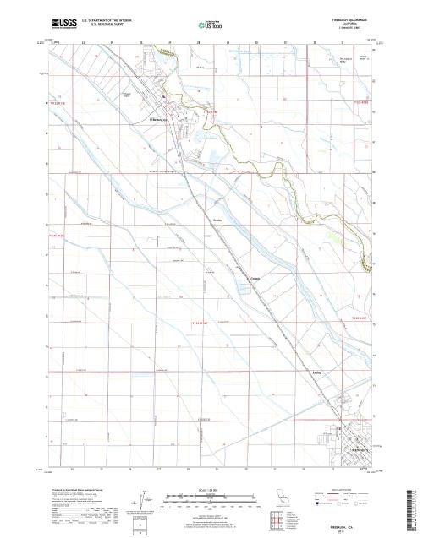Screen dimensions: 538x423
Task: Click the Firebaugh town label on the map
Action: (161, 121)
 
